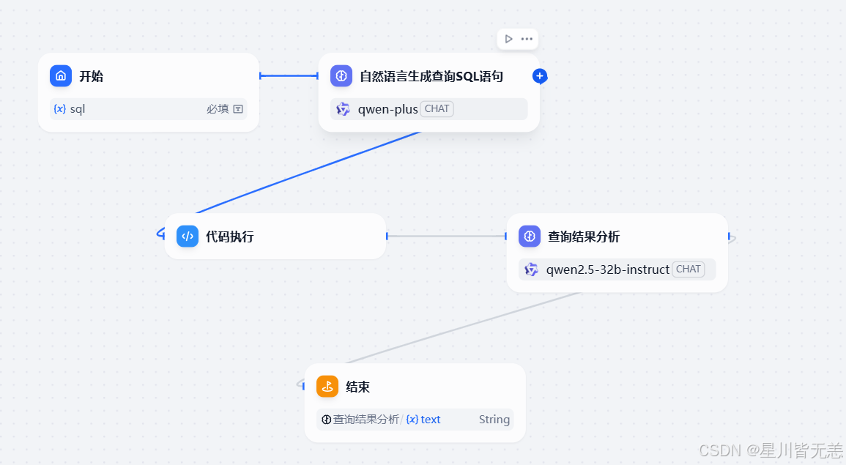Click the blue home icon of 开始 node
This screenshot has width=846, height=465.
pos(61,76)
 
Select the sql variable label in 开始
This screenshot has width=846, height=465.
pos(78,109)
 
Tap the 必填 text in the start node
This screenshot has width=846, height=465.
pos(218,109)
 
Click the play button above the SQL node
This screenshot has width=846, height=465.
pos(508,39)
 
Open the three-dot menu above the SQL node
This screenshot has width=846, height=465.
pos(527,39)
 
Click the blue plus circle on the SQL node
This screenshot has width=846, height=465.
pos(540,75)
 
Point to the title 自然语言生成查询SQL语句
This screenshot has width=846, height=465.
pos(431,76)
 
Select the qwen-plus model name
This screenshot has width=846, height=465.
pos(387,109)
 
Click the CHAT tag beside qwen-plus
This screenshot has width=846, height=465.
pos(437,109)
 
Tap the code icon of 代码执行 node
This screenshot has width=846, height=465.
pos(188,237)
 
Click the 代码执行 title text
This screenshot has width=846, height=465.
pos(229,237)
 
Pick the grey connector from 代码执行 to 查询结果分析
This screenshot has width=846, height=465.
pos(446,237)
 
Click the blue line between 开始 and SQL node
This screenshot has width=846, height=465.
pos(289,75)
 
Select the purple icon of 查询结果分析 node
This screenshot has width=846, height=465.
pos(530,237)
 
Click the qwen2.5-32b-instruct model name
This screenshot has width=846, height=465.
pos(607,269)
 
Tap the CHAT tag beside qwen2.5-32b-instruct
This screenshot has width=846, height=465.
pos(688,269)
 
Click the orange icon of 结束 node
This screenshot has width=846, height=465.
pos(327,387)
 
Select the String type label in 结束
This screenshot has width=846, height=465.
pos(494,420)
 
